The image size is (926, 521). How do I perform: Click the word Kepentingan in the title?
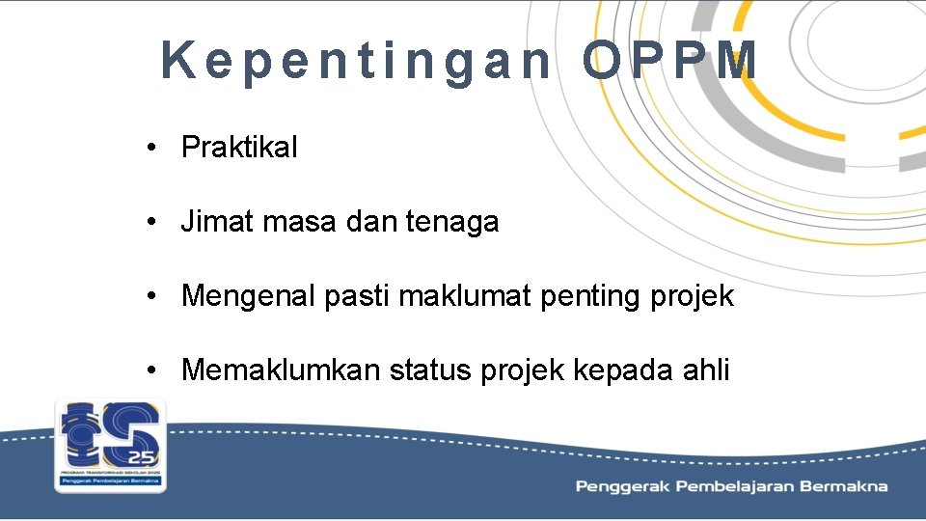click(x=356, y=61)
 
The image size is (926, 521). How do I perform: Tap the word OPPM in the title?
click(x=670, y=61)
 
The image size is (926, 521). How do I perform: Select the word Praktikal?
click(x=239, y=148)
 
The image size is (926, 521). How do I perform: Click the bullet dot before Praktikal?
click(x=152, y=149)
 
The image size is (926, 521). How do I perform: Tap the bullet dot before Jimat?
click(x=152, y=223)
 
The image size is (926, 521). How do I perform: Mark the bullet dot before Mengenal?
click(x=152, y=296)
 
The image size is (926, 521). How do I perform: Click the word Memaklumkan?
click(x=281, y=370)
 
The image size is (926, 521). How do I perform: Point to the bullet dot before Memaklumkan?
click(x=152, y=370)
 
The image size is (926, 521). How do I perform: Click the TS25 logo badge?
click(x=110, y=445)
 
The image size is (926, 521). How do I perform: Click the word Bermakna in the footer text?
click(x=846, y=486)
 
